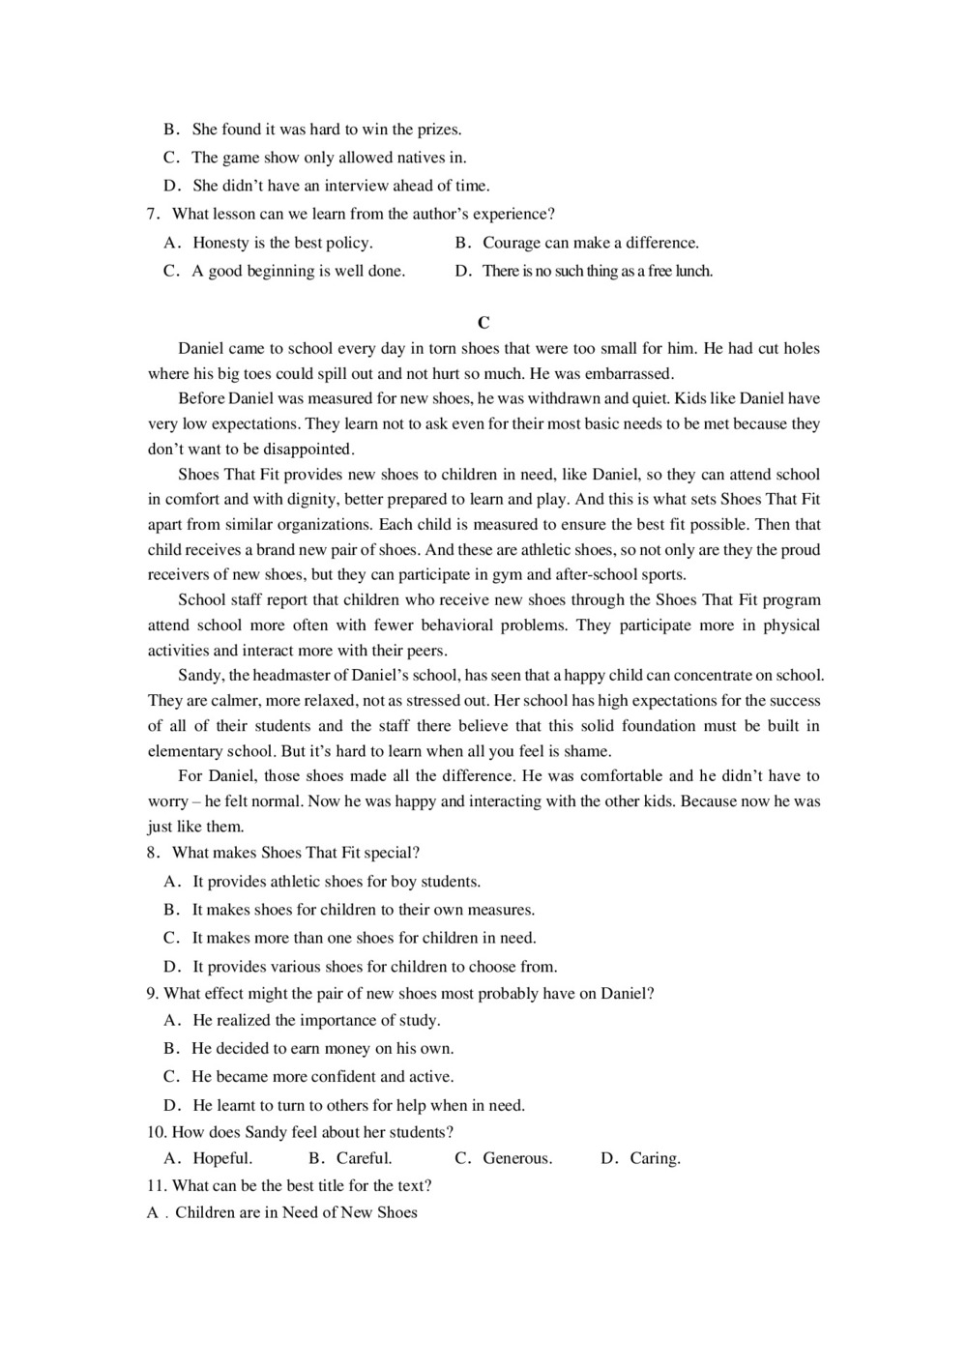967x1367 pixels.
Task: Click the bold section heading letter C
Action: [x=483, y=323]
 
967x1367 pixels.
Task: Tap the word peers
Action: [x=425, y=650]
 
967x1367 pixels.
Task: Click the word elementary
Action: [x=185, y=750]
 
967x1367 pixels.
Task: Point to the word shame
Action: [x=590, y=750]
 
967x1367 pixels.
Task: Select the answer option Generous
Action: [x=517, y=1158]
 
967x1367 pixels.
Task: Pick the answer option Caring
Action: [x=655, y=1158]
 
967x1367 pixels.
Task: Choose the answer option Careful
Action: [x=365, y=1158]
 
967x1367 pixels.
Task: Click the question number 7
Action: [x=153, y=214]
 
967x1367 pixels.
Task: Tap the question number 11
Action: [x=157, y=1185]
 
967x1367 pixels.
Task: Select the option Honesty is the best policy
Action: [x=282, y=243]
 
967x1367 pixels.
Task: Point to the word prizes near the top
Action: [x=438, y=130]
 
